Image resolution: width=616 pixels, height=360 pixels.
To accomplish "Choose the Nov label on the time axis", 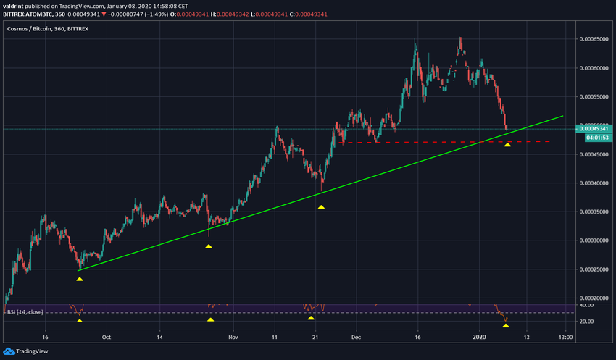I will [233, 337].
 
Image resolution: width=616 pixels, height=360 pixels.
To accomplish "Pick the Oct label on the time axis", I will [107, 337].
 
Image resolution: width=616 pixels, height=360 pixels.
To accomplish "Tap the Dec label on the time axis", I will [356, 337].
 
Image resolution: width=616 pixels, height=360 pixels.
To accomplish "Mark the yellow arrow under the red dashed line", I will [508, 145].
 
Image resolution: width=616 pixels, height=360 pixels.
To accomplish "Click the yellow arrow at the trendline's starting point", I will [80, 278].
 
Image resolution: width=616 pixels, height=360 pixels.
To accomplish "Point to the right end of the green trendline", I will [563, 115].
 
